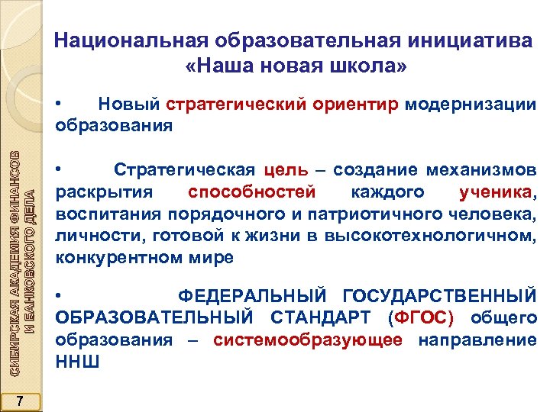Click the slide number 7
(21, 402)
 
